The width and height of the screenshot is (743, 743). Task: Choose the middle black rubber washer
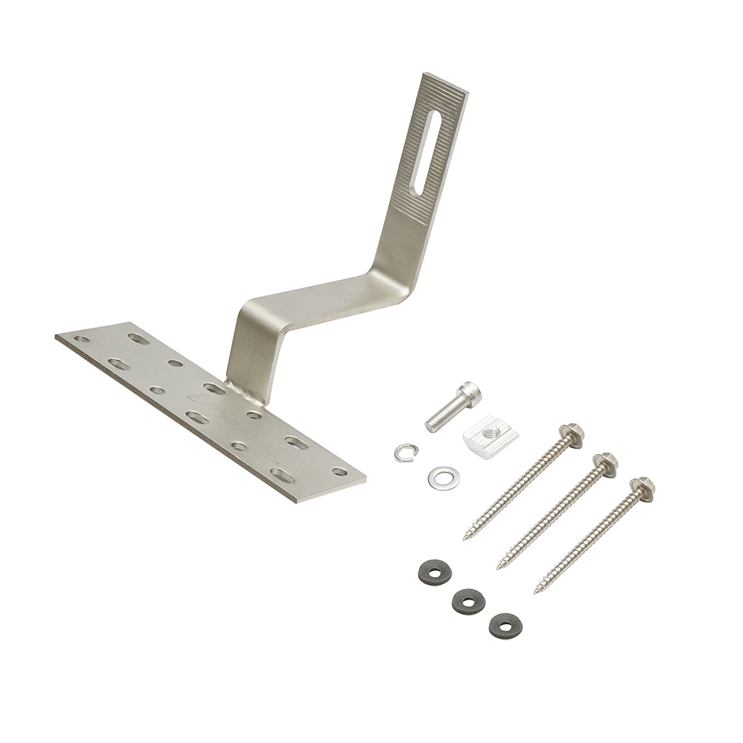[x=468, y=601]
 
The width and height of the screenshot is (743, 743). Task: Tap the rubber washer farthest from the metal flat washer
[x=505, y=625]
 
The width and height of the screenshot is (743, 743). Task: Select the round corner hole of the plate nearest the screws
[x=339, y=472]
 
